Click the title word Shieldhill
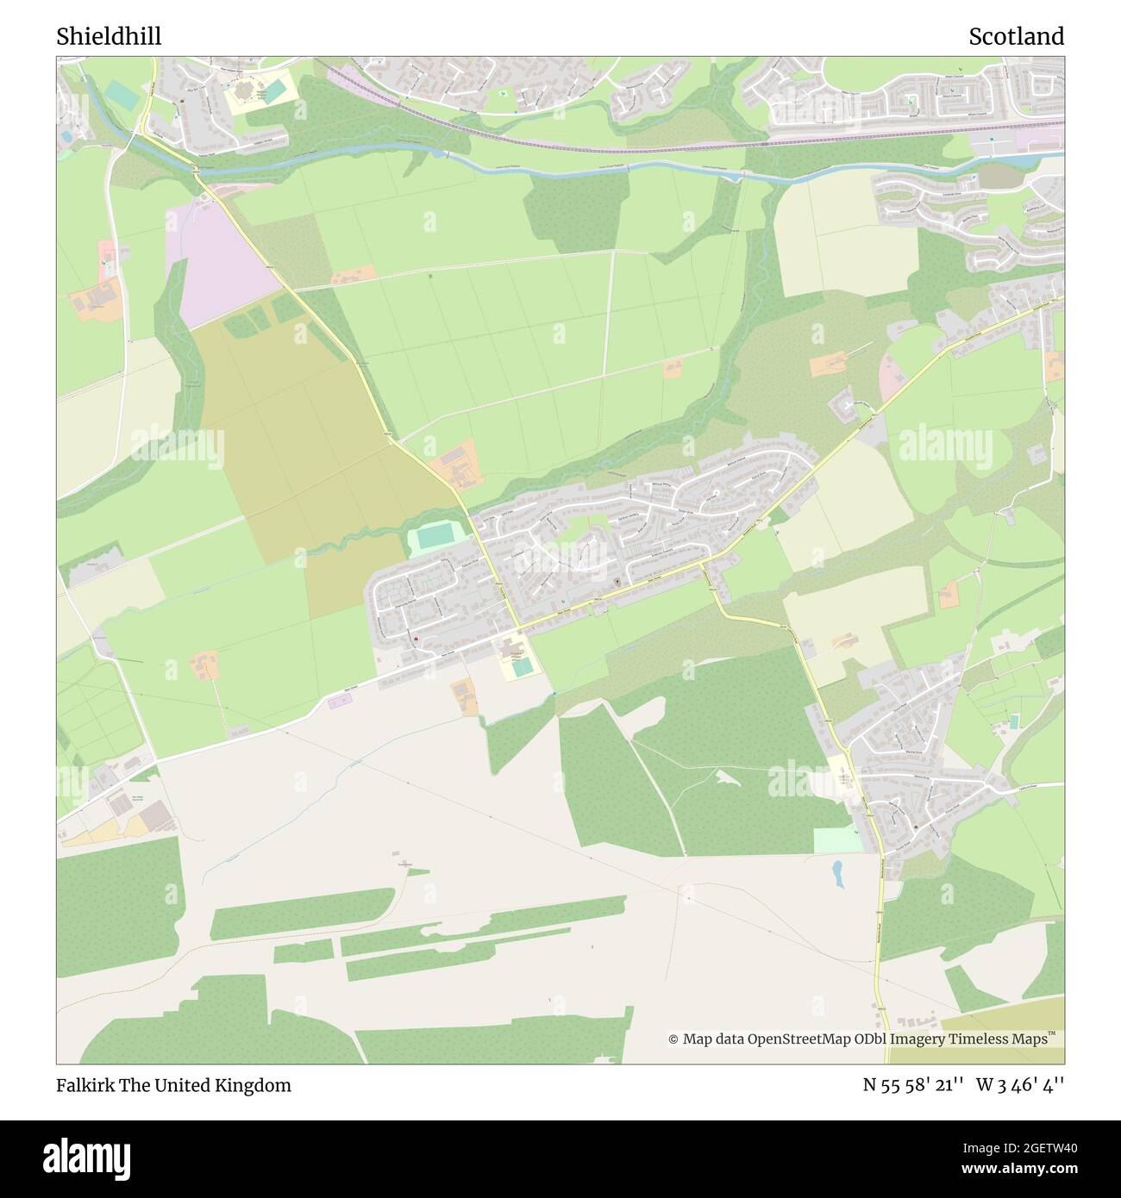[109, 36]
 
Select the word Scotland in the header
[1016, 36]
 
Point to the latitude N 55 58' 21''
[915, 1085]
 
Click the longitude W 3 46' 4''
[1020, 1085]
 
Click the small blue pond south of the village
[837, 875]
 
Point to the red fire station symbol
[416, 639]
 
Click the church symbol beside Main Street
[617, 583]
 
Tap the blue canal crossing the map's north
[552, 164]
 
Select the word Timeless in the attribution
[980, 1039]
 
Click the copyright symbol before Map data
[673, 1039]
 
